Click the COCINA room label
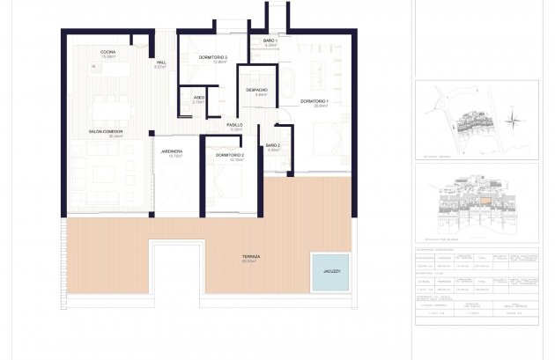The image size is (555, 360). (109, 52)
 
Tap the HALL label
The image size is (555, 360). (161, 62)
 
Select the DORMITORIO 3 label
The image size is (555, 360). (214, 58)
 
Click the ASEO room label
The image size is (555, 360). (199, 99)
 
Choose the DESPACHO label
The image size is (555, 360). (256, 91)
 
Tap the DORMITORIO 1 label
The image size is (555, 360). (314, 102)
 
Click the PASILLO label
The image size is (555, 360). (235, 126)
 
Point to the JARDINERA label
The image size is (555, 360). (172, 153)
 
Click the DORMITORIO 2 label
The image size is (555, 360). (229, 157)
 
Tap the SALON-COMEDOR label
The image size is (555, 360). (104, 133)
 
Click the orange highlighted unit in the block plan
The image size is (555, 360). (484, 200)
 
